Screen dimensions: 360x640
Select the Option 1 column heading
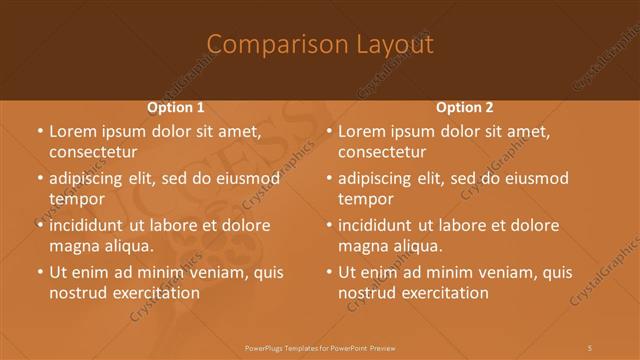(x=176, y=107)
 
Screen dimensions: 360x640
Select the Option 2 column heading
(x=465, y=107)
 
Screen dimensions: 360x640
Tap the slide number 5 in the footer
(x=590, y=346)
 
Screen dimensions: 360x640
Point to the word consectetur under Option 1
(x=92, y=152)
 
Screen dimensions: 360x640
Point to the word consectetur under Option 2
(x=382, y=152)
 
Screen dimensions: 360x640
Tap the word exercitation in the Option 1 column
(x=154, y=293)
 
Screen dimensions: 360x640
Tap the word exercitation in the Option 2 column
(x=444, y=293)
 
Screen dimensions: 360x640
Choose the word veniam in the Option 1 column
(x=203, y=273)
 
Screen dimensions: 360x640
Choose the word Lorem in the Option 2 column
(x=360, y=131)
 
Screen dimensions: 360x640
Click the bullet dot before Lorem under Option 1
(x=38, y=131)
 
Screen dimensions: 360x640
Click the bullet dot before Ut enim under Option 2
(x=328, y=273)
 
